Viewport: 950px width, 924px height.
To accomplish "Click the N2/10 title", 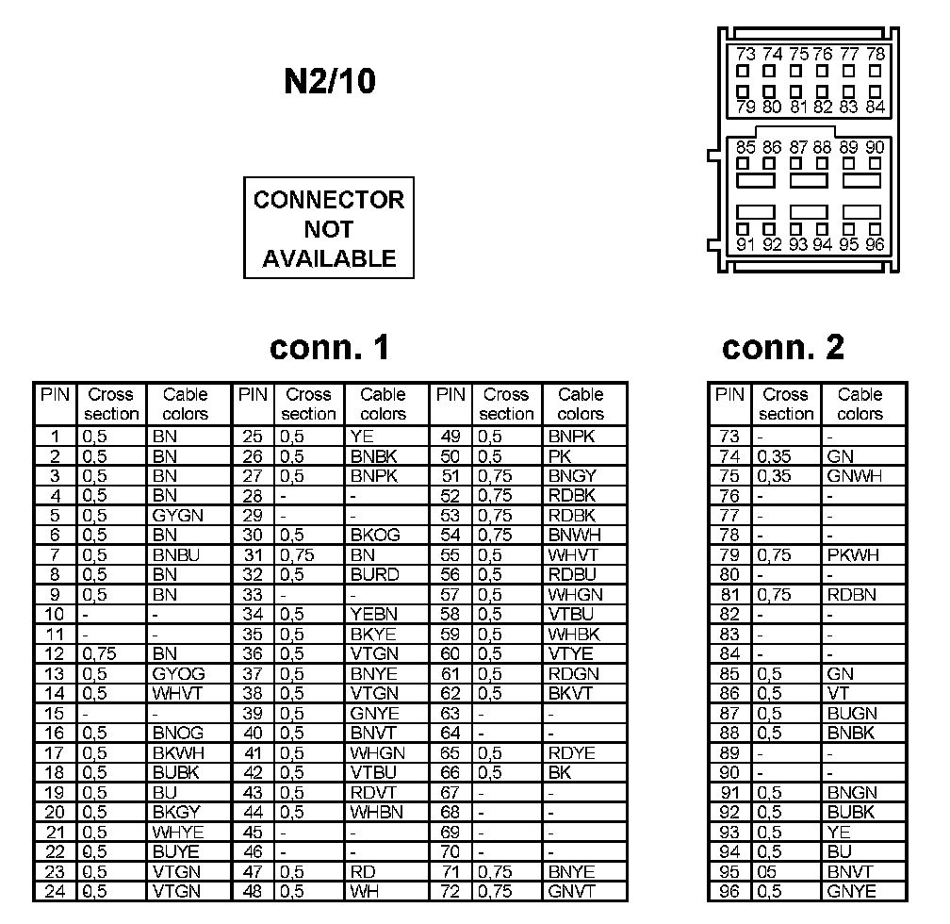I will [329, 82].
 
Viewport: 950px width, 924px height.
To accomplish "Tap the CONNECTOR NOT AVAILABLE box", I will [329, 228].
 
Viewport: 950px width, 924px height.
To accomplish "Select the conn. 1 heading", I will [329, 348].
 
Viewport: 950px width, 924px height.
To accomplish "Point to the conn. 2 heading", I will [783, 348].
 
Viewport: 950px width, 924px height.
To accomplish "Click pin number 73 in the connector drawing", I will [746, 55].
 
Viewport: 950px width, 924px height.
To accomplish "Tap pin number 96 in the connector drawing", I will [875, 244].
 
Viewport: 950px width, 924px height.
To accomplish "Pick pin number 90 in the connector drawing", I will [875, 147].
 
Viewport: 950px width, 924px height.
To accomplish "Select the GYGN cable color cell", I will [177, 515].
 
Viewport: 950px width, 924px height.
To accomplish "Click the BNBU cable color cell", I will [175, 554].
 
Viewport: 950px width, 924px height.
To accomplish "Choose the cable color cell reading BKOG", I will [375, 535].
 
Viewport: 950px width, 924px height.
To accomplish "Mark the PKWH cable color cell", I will [853, 554].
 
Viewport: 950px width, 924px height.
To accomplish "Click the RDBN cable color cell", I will [852, 594].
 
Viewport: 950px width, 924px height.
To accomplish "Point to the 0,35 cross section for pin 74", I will [775, 456].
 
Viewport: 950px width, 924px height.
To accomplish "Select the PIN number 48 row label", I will [253, 891].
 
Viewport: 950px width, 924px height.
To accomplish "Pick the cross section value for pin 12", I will [101, 653].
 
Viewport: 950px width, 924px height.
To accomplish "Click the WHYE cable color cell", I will [177, 832].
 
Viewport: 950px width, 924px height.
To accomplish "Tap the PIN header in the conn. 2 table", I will [729, 395].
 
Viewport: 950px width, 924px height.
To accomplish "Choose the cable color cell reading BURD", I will [374, 574].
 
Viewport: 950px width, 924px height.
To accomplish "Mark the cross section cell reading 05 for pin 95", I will [768, 871].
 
